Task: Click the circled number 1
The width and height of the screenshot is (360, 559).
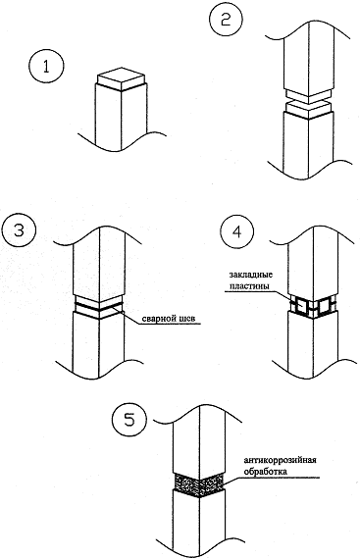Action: tap(46, 67)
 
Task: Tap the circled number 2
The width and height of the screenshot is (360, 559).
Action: tap(226, 20)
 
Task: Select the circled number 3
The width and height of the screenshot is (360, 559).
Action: tap(19, 230)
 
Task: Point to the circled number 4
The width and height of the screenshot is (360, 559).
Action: tap(236, 232)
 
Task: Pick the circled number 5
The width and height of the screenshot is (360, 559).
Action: tap(129, 420)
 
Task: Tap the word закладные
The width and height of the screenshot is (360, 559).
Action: tap(250, 276)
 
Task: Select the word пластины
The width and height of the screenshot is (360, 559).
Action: tap(249, 286)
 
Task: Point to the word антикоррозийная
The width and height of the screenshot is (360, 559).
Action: tap(281, 460)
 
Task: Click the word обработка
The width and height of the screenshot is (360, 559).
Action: tap(265, 472)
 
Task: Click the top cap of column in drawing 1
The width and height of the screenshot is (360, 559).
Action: tap(122, 80)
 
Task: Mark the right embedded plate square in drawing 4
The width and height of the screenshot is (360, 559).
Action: tap(325, 306)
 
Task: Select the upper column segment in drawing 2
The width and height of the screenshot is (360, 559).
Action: tap(309, 57)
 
